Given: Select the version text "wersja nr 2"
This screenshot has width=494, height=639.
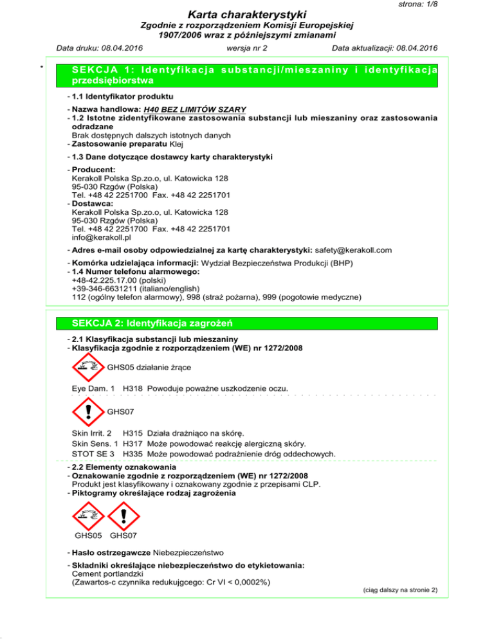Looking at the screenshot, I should (x=247, y=48).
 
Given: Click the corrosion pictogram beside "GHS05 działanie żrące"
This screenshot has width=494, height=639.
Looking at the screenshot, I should (x=88, y=368).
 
